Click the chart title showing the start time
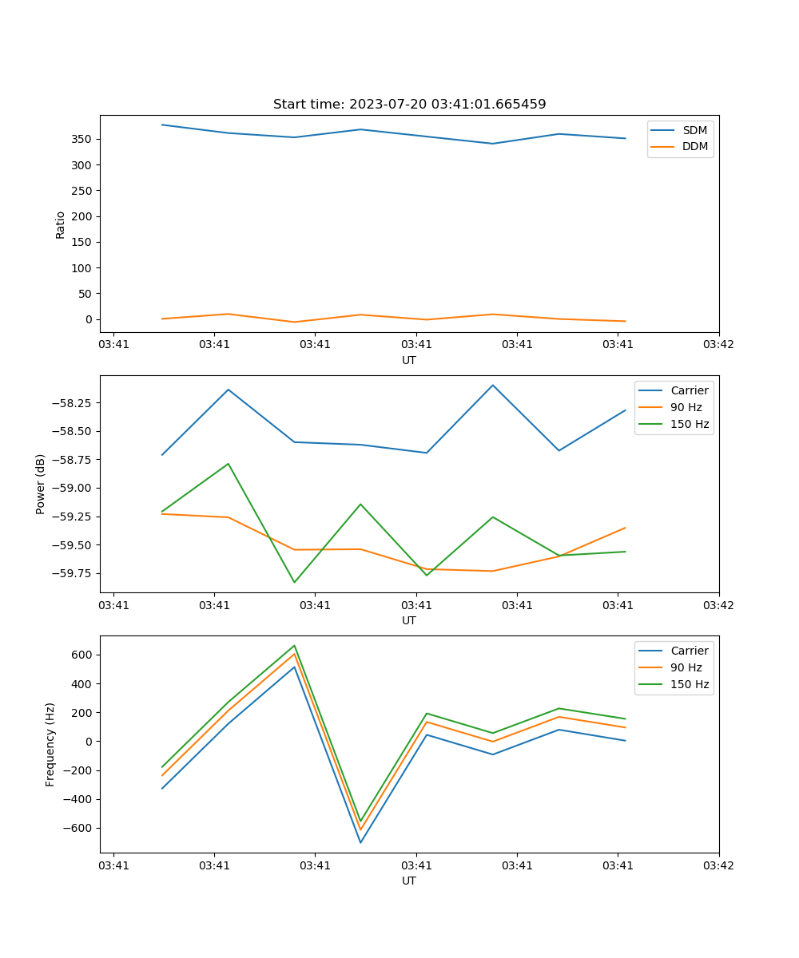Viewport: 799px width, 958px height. [409, 105]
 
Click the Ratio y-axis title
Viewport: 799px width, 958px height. [61, 224]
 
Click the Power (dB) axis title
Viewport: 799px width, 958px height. [41, 484]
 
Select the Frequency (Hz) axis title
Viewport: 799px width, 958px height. [50, 744]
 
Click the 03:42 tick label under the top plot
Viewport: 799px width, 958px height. [718, 345]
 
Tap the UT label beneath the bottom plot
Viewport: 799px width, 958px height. [409, 881]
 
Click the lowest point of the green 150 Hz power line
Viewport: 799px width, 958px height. [294, 582]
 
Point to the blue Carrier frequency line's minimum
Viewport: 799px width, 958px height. [360, 842]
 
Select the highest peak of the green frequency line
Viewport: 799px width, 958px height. [294, 645]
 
